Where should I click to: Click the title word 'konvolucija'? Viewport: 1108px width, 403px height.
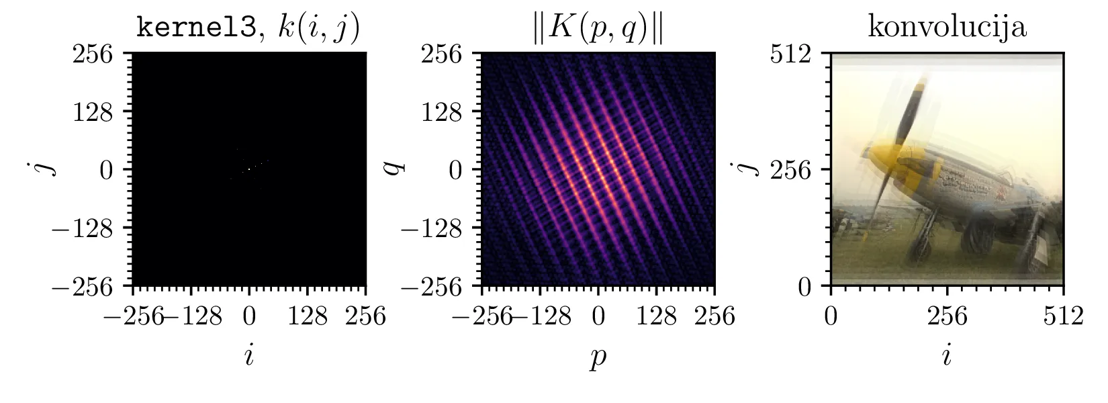coord(947,28)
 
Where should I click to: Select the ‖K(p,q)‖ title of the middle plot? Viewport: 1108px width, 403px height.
coord(598,29)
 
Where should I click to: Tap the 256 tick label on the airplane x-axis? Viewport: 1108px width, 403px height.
coord(947,316)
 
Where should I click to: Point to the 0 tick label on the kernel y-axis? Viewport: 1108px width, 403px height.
coord(106,169)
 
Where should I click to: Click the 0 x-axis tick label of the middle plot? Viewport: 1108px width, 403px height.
coord(598,316)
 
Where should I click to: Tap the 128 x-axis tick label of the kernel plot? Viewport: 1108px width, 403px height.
coord(308,316)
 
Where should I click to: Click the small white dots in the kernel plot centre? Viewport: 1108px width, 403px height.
coord(249,169)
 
